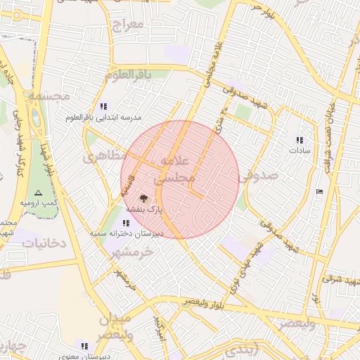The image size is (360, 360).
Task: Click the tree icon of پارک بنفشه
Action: click(144, 199)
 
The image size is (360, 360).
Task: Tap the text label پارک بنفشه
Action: click(144, 210)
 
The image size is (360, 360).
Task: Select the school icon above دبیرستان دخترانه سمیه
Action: click(126, 223)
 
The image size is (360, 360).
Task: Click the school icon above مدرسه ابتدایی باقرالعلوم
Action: click(104, 106)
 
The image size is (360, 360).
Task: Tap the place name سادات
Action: click(300, 150)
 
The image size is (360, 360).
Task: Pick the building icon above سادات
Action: click(300, 140)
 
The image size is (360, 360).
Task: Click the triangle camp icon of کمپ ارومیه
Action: click(38, 192)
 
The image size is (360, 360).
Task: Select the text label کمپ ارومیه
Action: click(38, 202)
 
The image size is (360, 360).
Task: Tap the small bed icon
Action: click(320, 191)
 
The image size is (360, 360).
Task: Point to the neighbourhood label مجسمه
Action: click(49, 94)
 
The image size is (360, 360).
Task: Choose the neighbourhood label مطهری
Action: click(105, 156)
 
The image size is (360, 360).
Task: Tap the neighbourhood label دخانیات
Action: click(44, 243)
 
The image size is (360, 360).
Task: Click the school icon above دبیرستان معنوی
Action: click(84, 346)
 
